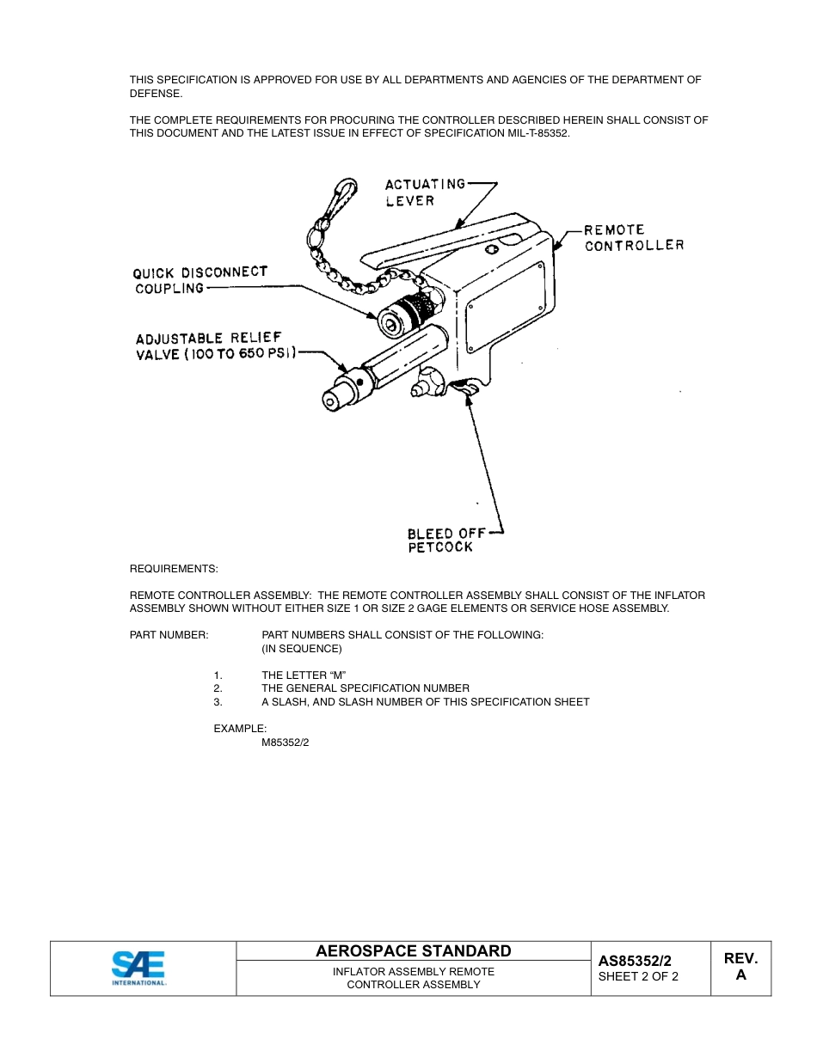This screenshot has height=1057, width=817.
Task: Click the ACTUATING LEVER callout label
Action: pyautogui.click(x=425, y=192)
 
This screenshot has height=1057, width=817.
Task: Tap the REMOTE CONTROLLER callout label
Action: pyautogui.click(x=634, y=238)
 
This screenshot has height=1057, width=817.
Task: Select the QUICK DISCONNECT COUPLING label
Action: pyautogui.click(x=200, y=280)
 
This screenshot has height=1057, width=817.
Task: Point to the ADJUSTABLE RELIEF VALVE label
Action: pyautogui.click(x=215, y=346)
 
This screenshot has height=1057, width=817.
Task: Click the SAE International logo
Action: pyautogui.click(x=138, y=968)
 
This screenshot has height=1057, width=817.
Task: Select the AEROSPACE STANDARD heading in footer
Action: pyautogui.click(x=413, y=950)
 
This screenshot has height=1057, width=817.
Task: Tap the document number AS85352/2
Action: pyautogui.click(x=635, y=961)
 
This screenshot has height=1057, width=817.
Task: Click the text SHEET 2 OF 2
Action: pyautogui.click(x=638, y=976)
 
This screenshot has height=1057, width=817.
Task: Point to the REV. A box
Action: pyautogui.click(x=740, y=967)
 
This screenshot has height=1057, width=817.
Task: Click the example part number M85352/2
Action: pyautogui.click(x=286, y=742)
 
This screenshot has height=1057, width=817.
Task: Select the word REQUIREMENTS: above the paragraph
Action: pyautogui.click(x=174, y=569)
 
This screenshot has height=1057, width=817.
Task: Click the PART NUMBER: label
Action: pyautogui.click(x=169, y=635)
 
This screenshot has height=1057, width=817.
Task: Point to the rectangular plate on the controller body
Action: pyautogui.click(x=505, y=301)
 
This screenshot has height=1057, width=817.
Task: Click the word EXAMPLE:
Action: pyautogui.click(x=240, y=729)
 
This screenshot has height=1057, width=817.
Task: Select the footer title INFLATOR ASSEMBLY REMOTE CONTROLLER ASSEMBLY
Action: pyautogui.click(x=413, y=978)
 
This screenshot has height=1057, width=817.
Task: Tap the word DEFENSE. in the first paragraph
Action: pyautogui.click(x=156, y=94)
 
